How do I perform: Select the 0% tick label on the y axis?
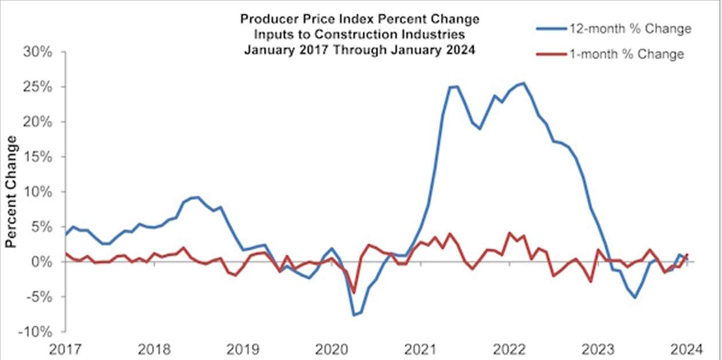(42, 262)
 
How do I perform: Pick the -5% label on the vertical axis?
(39, 297)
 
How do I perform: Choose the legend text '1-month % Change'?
(626, 54)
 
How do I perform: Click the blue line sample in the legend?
(548, 29)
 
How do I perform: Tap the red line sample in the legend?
(548, 54)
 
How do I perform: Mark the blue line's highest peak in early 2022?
(523, 83)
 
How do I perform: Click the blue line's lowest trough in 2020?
(354, 315)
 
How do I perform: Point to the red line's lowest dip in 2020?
(354, 292)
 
